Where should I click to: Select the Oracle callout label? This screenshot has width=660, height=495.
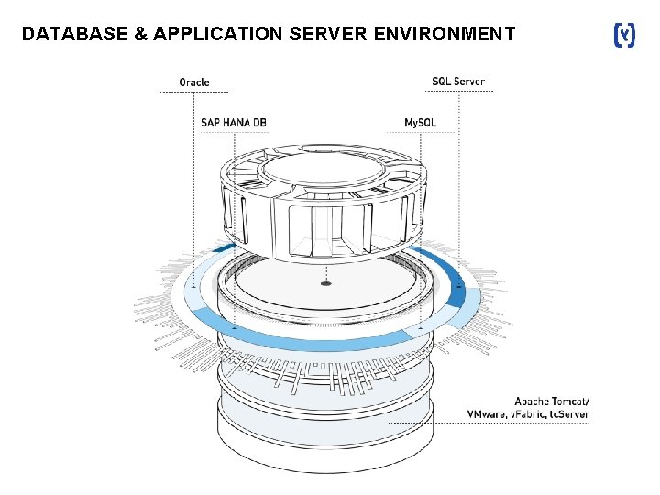193,82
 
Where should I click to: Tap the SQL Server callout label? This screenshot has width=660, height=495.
458,82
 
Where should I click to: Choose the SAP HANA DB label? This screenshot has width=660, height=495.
234,122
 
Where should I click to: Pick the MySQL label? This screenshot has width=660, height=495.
421,122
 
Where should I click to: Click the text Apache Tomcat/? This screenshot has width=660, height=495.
552,401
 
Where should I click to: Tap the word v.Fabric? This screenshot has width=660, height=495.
523,415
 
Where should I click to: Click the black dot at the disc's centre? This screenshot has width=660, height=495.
325,284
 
